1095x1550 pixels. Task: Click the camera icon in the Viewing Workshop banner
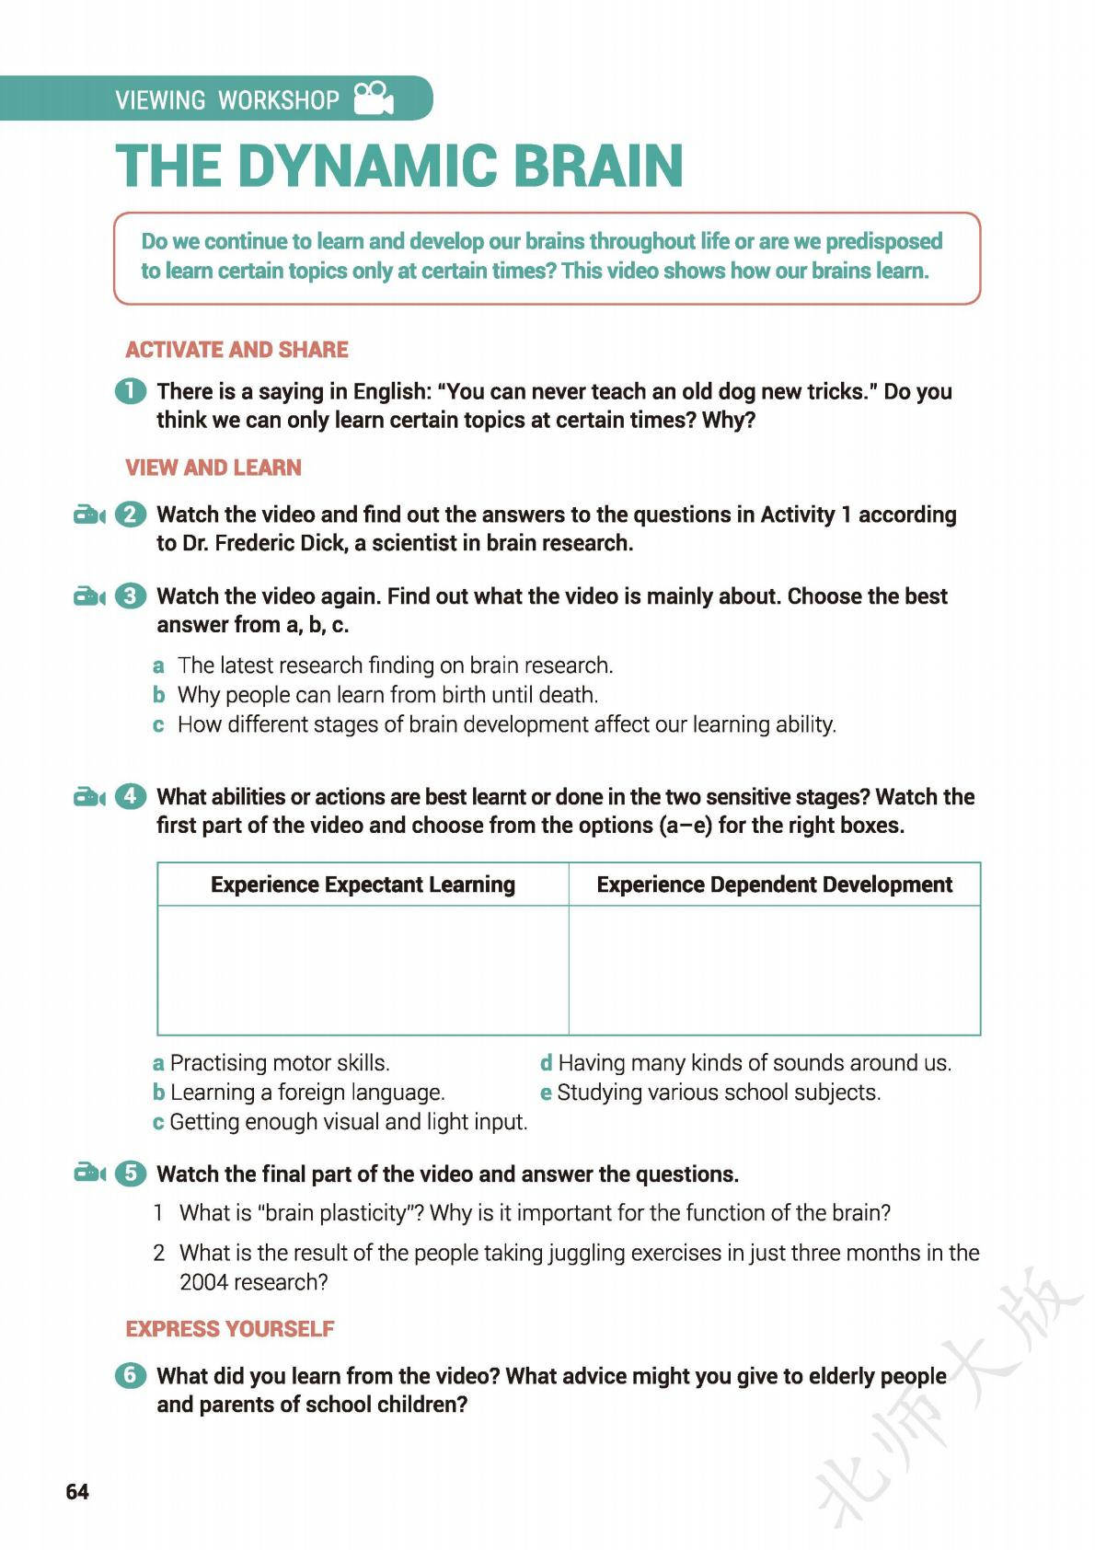[x=374, y=98]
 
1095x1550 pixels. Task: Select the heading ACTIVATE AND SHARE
[x=236, y=350]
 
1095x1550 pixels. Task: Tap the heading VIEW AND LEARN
[x=213, y=468]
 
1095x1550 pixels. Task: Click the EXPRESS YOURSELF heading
[x=230, y=1329]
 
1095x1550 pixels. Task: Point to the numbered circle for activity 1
[x=131, y=391]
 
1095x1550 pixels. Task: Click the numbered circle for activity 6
[x=131, y=1375]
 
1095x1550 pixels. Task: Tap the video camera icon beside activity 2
[x=89, y=515]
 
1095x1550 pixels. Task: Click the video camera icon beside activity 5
[x=89, y=1174]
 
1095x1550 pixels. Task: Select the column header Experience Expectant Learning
[x=363, y=885]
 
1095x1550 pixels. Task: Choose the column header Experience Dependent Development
[x=774, y=885]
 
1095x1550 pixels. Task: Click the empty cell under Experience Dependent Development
[x=774, y=970]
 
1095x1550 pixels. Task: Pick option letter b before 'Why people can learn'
[x=159, y=695]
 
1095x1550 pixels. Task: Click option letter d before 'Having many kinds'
[x=546, y=1063]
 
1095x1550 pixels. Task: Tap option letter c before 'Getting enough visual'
[x=158, y=1122]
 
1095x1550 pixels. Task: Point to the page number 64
[x=77, y=1492]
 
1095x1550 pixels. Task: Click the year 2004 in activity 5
[x=202, y=1282]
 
